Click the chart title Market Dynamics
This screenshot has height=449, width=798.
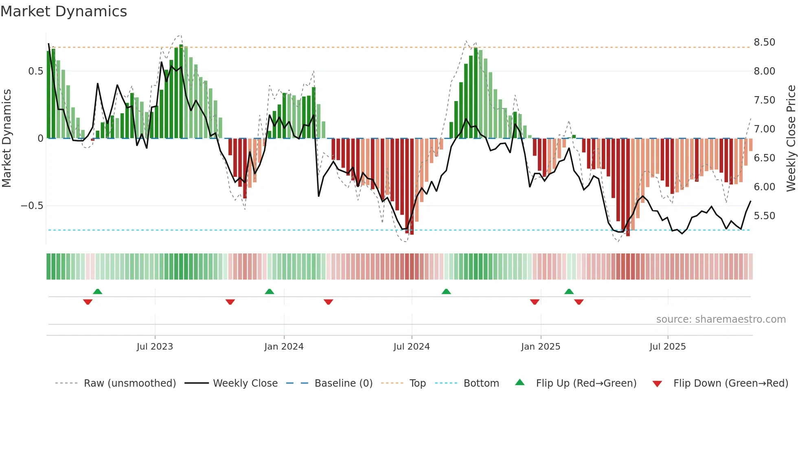click(64, 11)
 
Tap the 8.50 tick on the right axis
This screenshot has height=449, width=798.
click(764, 42)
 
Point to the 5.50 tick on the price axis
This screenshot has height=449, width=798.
click(764, 216)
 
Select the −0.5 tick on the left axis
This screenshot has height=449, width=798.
click(32, 206)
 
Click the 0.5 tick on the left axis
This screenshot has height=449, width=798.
click(35, 71)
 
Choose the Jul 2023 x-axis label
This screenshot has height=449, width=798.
click(155, 347)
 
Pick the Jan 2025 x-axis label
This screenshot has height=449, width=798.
click(540, 347)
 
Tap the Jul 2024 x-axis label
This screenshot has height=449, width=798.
click(411, 347)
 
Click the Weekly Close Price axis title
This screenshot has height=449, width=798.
click(791, 139)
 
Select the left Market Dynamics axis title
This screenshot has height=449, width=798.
click(7, 139)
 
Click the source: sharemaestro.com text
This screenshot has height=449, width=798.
click(721, 319)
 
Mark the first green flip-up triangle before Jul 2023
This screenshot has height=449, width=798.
click(97, 292)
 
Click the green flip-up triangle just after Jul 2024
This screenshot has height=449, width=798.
click(446, 292)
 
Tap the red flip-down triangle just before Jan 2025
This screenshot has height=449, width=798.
click(535, 302)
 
